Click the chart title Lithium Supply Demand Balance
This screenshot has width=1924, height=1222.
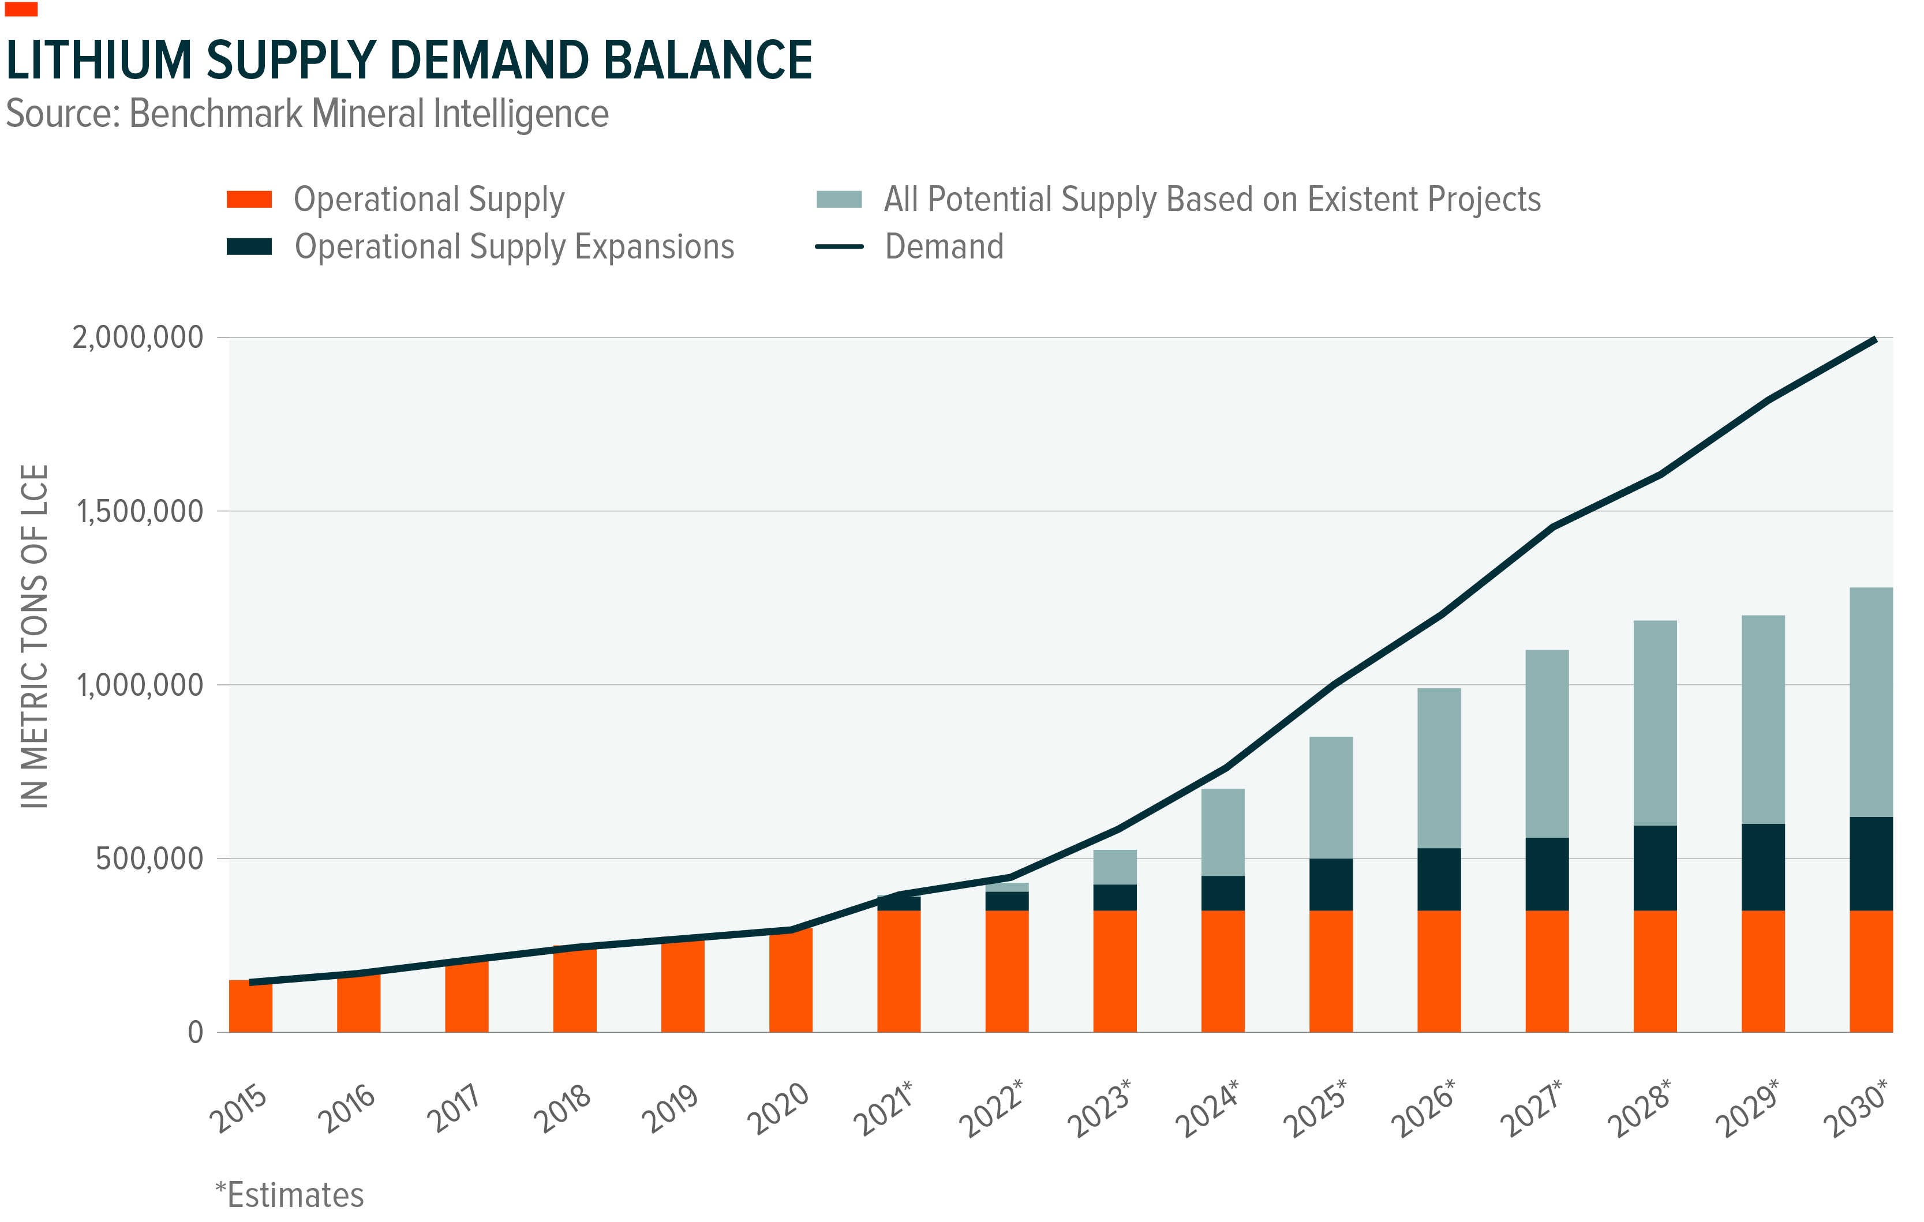click(409, 61)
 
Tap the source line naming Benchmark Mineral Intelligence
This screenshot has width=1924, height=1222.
click(308, 114)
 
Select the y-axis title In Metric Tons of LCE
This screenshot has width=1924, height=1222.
click(35, 636)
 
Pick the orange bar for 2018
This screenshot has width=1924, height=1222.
click(574, 991)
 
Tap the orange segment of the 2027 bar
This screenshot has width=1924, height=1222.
click(1546, 971)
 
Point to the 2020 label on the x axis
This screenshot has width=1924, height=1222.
click(777, 1108)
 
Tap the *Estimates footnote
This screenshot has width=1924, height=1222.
click(289, 1195)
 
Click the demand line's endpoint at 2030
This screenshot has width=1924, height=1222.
click(1874, 340)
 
